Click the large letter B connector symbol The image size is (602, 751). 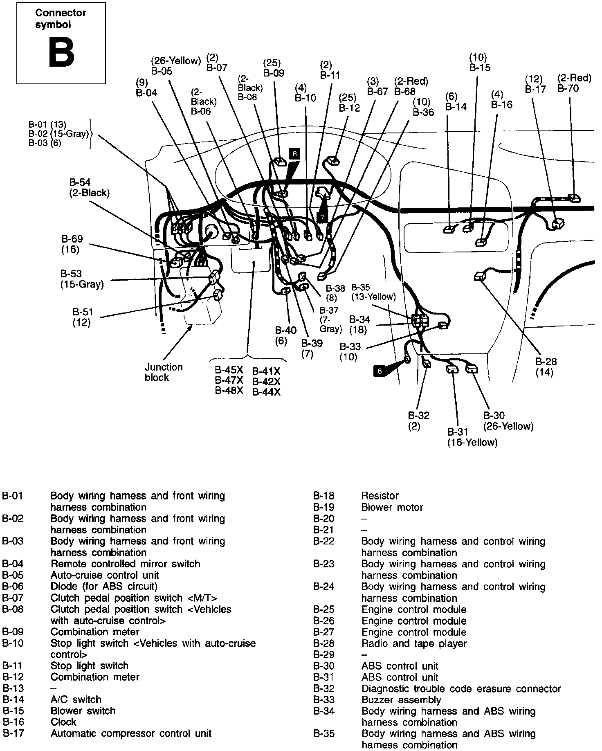pos(61,52)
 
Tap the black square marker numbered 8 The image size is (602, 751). pos(294,154)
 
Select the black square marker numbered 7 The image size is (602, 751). pos(322,217)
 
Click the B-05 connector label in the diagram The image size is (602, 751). pos(162,71)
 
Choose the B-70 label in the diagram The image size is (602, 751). pos(568,88)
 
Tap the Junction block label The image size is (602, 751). pos(164,372)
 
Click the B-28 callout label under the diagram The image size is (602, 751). pos(546,362)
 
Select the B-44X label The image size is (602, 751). pos(266,392)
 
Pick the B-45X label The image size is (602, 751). pos(229,370)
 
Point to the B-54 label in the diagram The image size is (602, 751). pos(80,182)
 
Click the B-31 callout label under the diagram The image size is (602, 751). pos(458,432)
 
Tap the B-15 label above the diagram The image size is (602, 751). pos(480,67)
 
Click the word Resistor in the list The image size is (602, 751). pos(380,496)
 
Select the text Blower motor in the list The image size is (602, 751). pos(392,507)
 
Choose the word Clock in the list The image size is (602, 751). pos(63,722)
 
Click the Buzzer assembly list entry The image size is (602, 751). pos(401,700)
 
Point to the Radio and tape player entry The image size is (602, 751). pos(414,643)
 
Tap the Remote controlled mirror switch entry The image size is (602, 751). pos(126,564)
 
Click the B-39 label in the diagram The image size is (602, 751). pos(312,343)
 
